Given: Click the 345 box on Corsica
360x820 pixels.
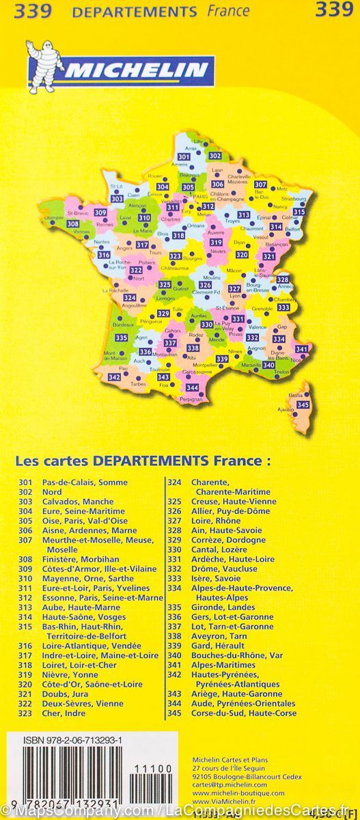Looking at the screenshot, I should click(303, 405).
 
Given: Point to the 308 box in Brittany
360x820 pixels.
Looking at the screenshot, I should click(72, 224).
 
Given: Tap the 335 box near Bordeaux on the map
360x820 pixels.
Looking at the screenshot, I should click(122, 338).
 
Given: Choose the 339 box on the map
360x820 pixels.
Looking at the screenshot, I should click(221, 359).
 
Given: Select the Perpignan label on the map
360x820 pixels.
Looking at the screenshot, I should click(193, 398).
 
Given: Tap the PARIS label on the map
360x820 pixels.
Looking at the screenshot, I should click(204, 197).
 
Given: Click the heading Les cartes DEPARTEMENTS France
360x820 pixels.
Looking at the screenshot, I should click(143, 461).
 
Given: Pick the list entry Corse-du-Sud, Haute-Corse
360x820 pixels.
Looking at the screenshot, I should click(234, 713).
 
